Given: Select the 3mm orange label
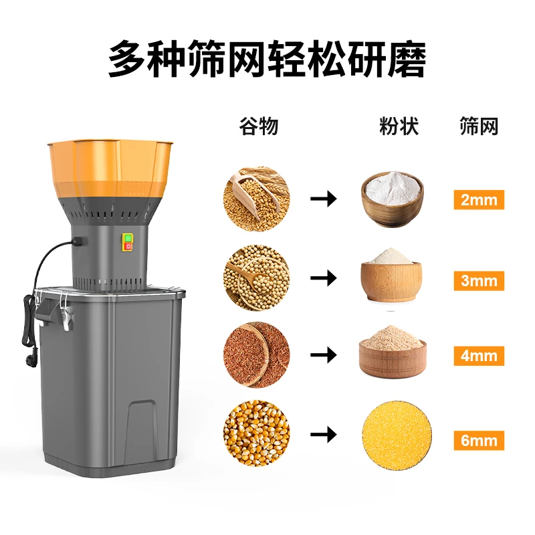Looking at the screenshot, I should (x=478, y=281).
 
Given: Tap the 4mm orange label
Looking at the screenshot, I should (x=478, y=356).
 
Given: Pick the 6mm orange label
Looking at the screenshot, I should (x=478, y=440).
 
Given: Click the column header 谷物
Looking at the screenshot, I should (x=258, y=126).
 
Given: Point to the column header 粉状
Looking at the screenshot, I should (x=399, y=126).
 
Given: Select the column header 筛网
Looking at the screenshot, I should (x=479, y=126).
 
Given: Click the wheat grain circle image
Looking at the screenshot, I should (x=257, y=199).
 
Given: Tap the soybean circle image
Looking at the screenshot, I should (x=257, y=278).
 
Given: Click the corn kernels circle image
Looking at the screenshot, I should (x=257, y=433).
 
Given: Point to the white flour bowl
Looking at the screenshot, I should (x=393, y=197).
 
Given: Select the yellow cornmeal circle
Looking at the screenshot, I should (x=393, y=433).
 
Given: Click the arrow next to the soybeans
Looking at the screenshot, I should (x=324, y=278).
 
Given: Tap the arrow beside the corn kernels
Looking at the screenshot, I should (x=324, y=435).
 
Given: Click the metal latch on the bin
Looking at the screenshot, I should (x=65, y=314).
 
